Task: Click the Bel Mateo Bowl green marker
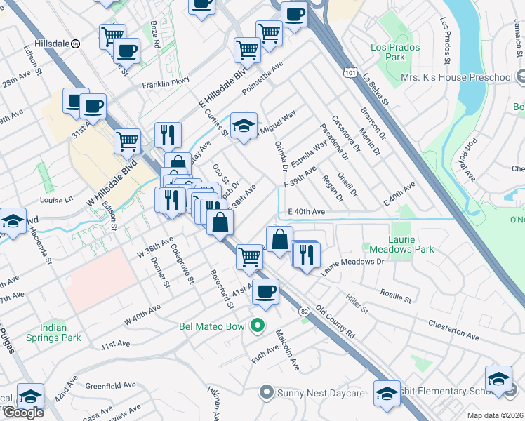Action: coord(258,325)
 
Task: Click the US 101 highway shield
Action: coord(349,72)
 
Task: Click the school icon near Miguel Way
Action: coord(244,126)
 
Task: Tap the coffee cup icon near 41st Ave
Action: coord(265,292)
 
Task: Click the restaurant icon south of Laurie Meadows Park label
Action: coord(306,254)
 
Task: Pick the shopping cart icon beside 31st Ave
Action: coord(127,141)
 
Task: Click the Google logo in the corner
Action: coord(23,413)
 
